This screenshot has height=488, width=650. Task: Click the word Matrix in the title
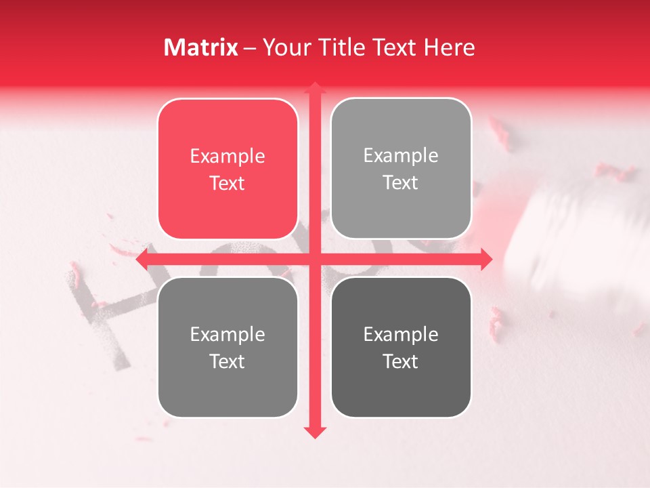[201, 47]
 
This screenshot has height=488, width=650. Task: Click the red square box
[227, 169]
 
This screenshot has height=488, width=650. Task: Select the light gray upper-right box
[401, 169]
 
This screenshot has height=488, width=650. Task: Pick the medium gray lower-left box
[227, 347]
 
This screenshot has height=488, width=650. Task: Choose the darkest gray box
[401, 347]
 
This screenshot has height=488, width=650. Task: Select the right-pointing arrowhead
[487, 259]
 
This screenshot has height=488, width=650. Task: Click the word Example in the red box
[227, 157]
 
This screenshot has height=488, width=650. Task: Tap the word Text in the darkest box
[401, 361]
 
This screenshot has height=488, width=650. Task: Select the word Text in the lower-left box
[227, 361]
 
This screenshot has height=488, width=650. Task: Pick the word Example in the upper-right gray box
[401, 156]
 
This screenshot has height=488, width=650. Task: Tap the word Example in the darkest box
[401, 334]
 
